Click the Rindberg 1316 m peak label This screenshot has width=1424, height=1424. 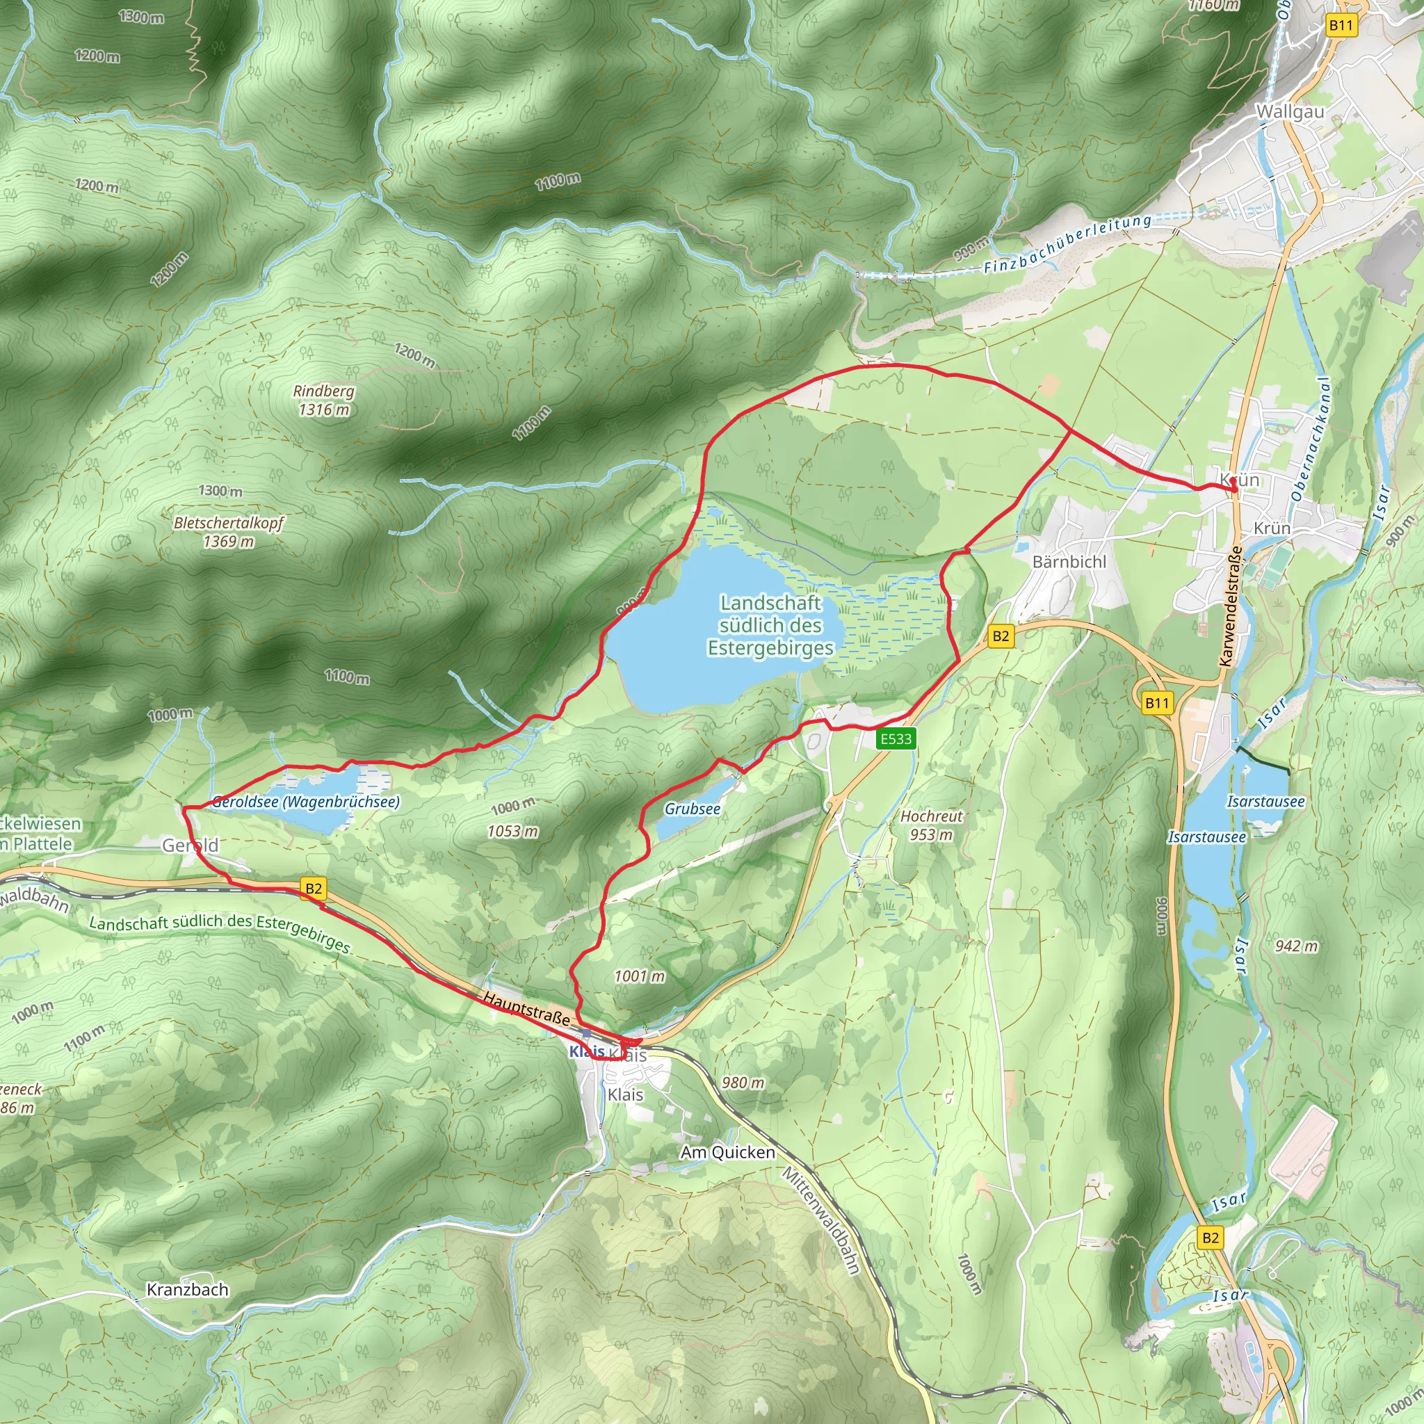tap(323, 400)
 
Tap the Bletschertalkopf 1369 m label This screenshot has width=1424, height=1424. tap(229, 531)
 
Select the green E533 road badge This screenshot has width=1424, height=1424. tap(896, 738)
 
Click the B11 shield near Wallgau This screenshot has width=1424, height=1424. tap(1341, 26)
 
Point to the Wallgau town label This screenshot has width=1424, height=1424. tap(1290, 112)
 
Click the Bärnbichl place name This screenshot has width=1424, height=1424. tap(1069, 562)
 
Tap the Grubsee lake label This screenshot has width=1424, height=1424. tap(692, 809)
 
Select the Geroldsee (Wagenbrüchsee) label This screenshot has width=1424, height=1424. tap(305, 801)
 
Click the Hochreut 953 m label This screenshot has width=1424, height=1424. tap(931, 825)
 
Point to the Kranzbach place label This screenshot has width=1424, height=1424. tap(187, 1290)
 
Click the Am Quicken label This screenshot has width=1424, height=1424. tap(727, 1152)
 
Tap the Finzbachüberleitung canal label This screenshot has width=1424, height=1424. tap(1067, 243)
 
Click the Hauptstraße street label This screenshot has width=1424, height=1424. tap(526, 1008)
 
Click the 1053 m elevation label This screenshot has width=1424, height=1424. tap(512, 832)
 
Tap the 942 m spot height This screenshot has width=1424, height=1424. tap(1297, 946)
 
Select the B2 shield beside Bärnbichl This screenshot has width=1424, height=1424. tap(1000, 636)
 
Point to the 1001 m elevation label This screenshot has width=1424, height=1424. tap(639, 976)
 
